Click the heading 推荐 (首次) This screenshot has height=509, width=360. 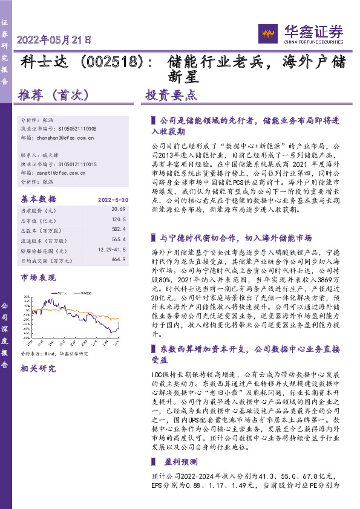[54, 95]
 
